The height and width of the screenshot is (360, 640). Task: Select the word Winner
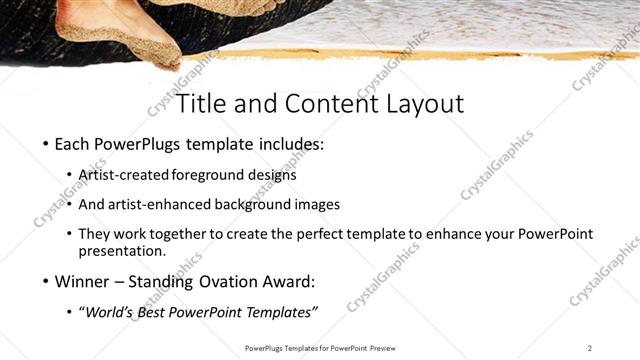click(82, 281)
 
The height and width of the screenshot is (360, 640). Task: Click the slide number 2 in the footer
click(591, 348)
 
